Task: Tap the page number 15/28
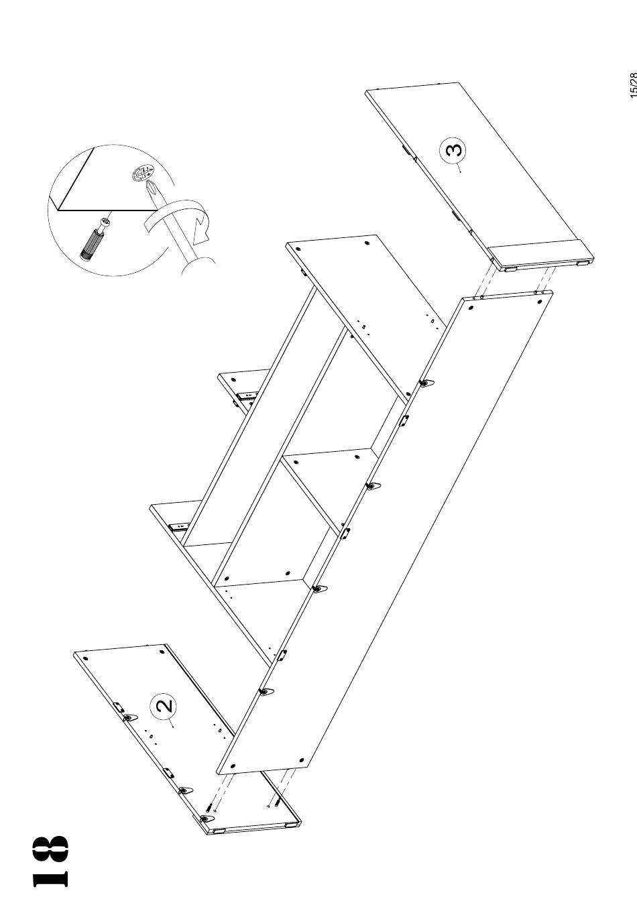632,85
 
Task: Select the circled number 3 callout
453,150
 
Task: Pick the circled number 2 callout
164,705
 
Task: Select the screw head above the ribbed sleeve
105,223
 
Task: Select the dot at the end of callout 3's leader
460,172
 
